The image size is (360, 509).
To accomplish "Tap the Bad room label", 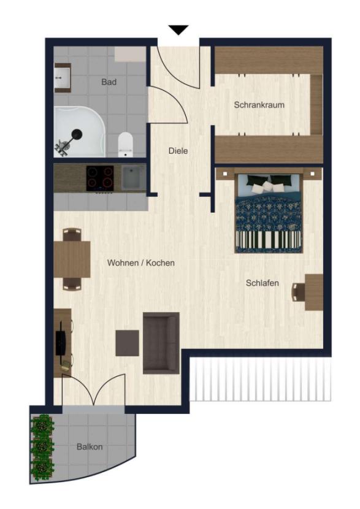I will click(x=109, y=82).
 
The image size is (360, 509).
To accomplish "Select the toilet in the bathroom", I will click(x=126, y=144).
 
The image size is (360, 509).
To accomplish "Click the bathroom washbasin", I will click(x=63, y=78).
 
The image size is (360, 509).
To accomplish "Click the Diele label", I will click(x=178, y=151).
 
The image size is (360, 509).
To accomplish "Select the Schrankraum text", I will click(x=259, y=105).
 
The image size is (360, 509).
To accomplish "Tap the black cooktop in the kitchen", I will click(x=99, y=178).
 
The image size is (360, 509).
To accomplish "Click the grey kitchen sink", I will click(x=132, y=178).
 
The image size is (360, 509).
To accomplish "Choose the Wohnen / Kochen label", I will click(x=141, y=262).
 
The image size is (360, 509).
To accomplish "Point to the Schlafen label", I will click(x=262, y=283).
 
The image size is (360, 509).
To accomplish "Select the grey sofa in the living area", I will click(x=161, y=342).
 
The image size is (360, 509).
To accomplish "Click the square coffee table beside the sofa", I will click(x=127, y=343).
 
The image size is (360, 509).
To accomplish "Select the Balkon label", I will click(x=90, y=446).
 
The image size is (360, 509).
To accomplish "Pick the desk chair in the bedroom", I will click(x=299, y=293).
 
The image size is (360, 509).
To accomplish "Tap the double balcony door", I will click(x=93, y=392).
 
